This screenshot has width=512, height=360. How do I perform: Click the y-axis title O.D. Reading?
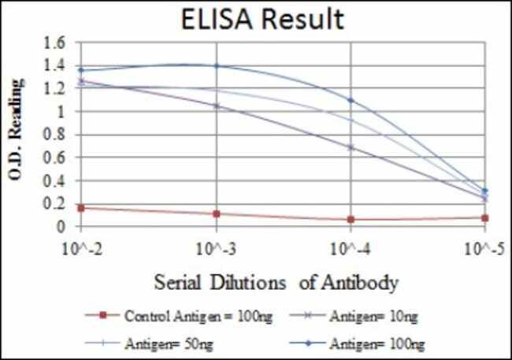17,135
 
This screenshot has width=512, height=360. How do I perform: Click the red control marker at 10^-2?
81,208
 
